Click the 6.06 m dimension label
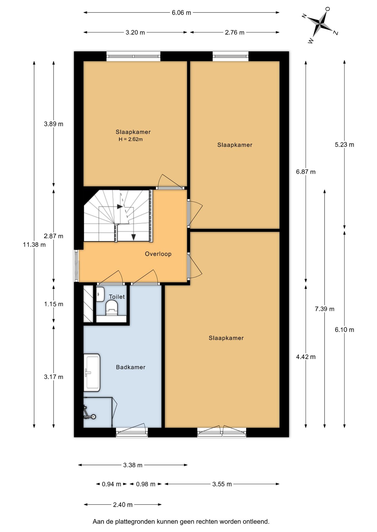(181, 13)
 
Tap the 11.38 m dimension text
(34, 245)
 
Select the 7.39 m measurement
(325, 309)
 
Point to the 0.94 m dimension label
(111, 484)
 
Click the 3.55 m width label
(222, 484)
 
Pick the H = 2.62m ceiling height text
(130, 139)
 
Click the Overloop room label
(158, 254)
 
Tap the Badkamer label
(131, 367)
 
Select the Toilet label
(117, 297)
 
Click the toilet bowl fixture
(112, 308)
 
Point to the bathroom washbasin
(92, 372)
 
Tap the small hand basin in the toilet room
(100, 294)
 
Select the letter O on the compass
(328, 9)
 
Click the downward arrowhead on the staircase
(134, 237)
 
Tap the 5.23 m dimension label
(345, 145)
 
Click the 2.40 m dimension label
(123, 505)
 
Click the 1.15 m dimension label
(54, 304)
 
